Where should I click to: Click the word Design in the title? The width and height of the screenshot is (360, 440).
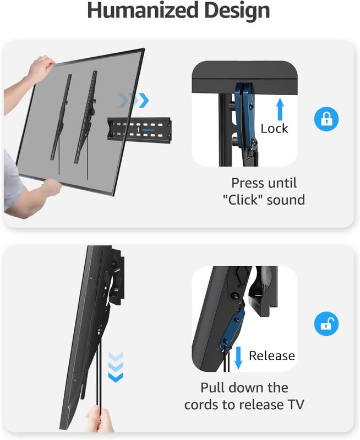(237, 11)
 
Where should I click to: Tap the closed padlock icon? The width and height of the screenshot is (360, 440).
(326, 119)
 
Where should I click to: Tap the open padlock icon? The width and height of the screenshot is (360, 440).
(326, 323)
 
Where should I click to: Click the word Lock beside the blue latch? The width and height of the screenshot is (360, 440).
(274, 129)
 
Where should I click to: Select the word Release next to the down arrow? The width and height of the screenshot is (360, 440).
(272, 355)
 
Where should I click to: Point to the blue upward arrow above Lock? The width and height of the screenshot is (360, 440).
(280, 109)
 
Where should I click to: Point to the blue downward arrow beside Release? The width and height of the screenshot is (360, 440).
(238, 358)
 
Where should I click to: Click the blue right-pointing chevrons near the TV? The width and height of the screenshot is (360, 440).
(134, 100)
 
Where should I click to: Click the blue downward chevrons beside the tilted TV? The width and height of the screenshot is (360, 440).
(116, 367)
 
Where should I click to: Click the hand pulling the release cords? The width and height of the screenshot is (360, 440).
(99, 420)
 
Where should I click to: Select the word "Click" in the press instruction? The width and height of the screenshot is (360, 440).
(243, 200)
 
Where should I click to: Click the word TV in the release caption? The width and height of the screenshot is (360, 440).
(296, 405)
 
